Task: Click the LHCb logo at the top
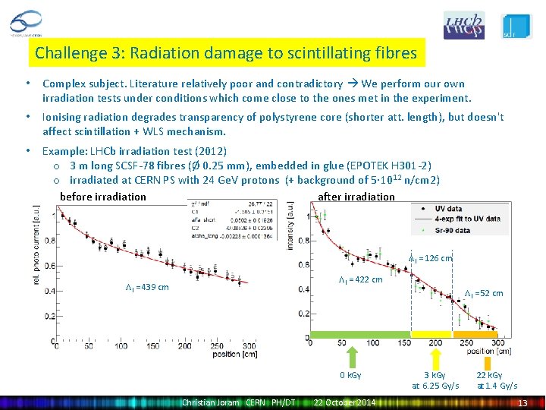(x=463, y=25)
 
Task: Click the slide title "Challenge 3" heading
(x=226, y=53)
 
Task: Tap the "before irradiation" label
(x=103, y=197)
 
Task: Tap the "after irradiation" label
(x=356, y=197)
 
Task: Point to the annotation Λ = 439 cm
(x=147, y=287)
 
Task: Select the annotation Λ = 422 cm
(x=360, y=279)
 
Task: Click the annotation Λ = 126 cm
(x=430, y=258)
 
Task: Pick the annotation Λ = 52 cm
(x=484, y=293)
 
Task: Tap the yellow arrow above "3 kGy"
(x=435, y=356)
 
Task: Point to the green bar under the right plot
(x=360, y=334)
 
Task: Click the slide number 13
(x=522, y=402)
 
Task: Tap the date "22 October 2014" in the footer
(x=344, y=402)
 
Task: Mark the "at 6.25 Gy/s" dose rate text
(x=435, y=386)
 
